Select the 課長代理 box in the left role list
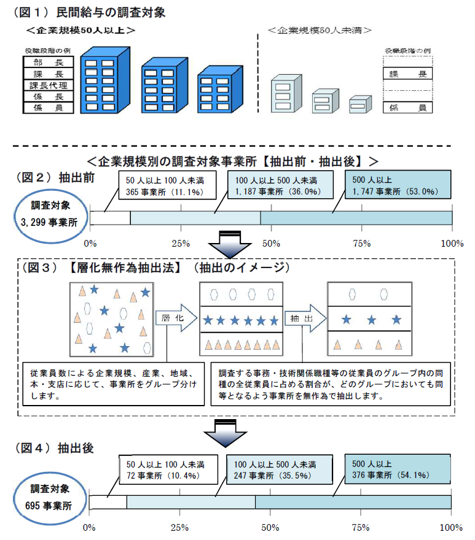tap(48, 85)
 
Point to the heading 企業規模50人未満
tap(322, 29)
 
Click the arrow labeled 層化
tap(175, 320)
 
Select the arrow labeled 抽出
tap(302, 320)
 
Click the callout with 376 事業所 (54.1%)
tap(397, 469)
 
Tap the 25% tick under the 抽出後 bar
tap(179, 527)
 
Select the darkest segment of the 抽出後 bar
tap(353, 502)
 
